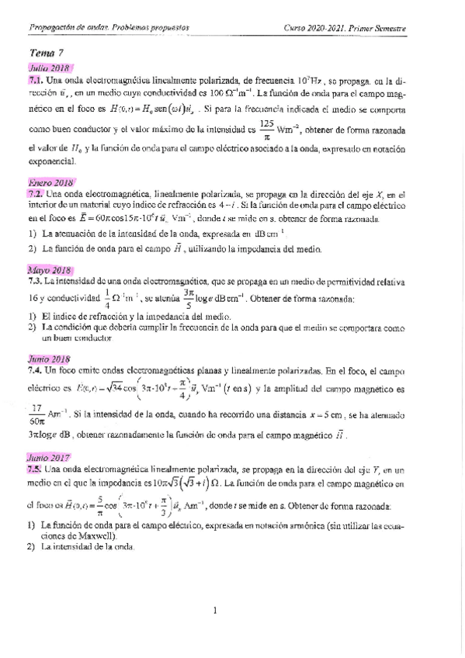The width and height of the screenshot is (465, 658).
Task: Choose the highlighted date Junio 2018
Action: [49, 359]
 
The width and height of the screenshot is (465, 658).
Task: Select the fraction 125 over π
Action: [266, 129]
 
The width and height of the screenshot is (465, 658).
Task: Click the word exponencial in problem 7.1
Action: [52, 162]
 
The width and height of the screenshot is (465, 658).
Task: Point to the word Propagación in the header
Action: [51, 29]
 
